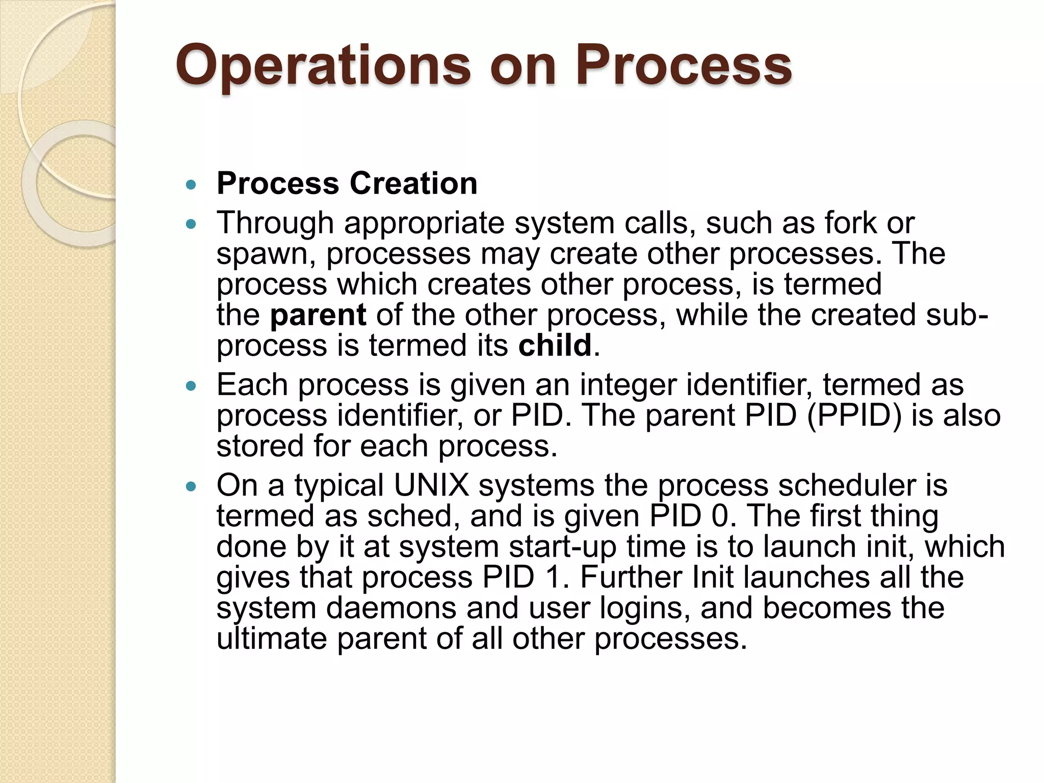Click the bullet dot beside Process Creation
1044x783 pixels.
(191, 185)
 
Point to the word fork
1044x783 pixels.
(851, 223)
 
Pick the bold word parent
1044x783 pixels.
(318, 315)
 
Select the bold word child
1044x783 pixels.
(555, 346)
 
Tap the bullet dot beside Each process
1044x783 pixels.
(191, 386)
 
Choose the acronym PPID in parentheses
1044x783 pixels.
(854, 415)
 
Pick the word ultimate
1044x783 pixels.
(271, 638)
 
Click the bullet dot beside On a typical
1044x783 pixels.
(191, 487)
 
